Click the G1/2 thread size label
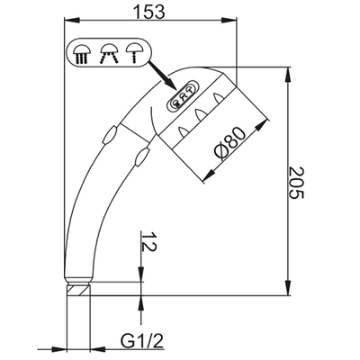pyautogui.click(x=141, y=342)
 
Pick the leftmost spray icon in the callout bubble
pyautogui.click(x=84, y=55)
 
